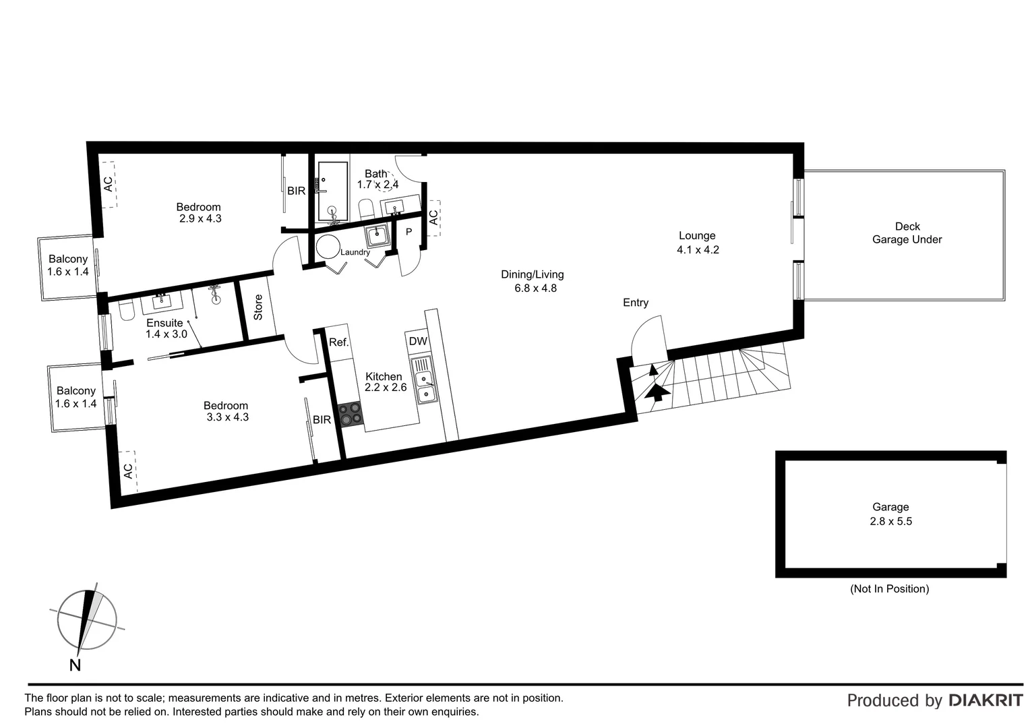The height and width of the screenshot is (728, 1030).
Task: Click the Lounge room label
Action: click(697, 236)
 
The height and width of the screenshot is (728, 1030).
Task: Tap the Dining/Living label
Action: click(532, 274)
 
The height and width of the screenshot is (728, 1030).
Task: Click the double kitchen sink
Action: click(425, 386)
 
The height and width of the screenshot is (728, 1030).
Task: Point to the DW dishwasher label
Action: click(418, 341)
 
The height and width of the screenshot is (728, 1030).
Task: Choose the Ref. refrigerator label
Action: click(338, 342)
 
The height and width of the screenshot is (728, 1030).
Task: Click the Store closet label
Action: click(258, 307)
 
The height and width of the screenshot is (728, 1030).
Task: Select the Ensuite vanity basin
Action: click(161, 301)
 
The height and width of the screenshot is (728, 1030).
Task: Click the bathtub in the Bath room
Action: click(332, 192)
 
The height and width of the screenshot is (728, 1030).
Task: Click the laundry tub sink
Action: click(376, 236)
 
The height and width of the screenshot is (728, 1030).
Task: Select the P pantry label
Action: click(408, 232)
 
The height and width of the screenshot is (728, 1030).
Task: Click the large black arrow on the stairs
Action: click(657, 392)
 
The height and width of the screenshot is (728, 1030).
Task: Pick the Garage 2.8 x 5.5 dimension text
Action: click(890, 521)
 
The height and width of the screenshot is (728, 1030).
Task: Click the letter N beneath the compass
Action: click(75, 665)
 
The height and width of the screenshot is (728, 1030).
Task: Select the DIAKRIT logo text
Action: click(986, 700)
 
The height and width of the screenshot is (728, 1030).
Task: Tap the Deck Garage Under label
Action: click(907, 233)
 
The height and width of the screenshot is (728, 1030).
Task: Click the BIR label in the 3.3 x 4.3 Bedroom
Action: click(322, 420)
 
